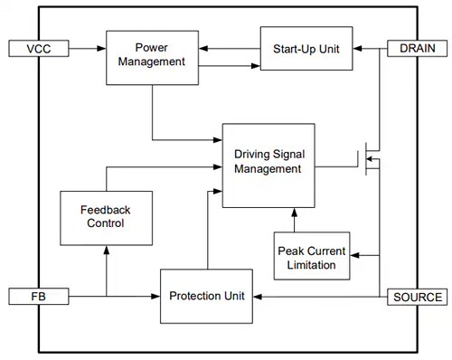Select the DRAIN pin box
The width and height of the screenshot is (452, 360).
pyautogui.click(x=417, y=47)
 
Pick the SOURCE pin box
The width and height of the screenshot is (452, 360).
pyautogui.click(x=417, y=296)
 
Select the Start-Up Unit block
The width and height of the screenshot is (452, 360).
pyautogui.click(x=306, y=48)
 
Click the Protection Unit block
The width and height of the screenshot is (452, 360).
pyautogui.click(x=207, y=296)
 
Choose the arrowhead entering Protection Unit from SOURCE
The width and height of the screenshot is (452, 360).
pyautogui.click(x=259, y=296)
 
